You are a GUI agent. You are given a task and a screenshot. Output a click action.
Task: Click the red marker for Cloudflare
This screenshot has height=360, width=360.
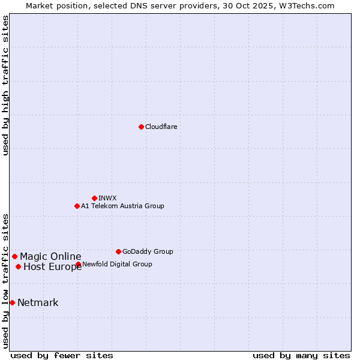coord(141,127)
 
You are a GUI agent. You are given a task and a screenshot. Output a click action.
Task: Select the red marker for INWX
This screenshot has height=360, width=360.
coord(94,198)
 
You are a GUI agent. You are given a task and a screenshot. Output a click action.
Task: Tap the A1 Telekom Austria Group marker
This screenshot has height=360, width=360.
coord(77,206)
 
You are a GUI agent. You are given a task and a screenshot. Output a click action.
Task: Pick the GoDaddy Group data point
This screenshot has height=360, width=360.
coord(118,251)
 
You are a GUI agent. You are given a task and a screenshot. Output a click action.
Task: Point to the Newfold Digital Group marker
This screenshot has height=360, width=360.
coord(78,264)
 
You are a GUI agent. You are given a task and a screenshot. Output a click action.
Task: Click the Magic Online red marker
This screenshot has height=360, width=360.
coord(14,256)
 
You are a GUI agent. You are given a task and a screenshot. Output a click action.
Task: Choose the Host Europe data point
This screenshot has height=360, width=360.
coord(18,266)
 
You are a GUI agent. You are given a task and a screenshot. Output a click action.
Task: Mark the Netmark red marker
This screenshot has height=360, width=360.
coord(12,302)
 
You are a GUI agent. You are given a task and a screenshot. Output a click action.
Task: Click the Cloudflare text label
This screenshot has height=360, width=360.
coord(161,127)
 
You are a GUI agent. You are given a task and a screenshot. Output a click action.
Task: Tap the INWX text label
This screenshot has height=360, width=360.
coord(107,198)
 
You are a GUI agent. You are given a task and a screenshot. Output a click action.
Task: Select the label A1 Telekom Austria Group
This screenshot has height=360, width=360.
coord(122,206)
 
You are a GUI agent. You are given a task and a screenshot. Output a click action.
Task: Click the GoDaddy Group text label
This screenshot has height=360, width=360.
coord(148,251)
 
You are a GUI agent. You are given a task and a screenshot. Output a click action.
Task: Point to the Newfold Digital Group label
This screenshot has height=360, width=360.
coord(117,264)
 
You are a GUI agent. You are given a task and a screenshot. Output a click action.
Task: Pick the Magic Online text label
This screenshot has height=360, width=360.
coord(50,256)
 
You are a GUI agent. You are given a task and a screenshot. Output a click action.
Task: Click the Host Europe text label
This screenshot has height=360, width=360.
coord(53,266)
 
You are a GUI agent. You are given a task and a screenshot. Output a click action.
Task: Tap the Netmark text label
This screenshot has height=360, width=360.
coord(38,302)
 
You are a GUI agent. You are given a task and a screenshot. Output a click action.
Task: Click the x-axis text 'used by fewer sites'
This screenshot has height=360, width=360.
coord(62,355)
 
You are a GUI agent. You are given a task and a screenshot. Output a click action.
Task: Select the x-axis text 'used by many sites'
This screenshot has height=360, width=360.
coord(301,355)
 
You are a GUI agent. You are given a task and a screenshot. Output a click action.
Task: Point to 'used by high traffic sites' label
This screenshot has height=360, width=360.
coord(6,85)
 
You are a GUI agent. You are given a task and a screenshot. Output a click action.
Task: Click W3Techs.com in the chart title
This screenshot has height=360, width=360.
coord(304,5)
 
